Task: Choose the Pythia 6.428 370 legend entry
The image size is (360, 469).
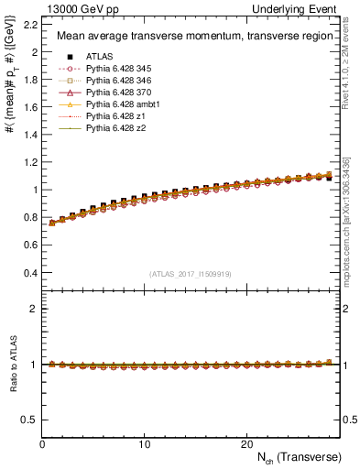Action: (114, 93)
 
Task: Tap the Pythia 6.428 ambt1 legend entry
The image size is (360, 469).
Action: (117, 105)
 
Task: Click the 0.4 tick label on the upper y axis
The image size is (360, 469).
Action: (30, 273)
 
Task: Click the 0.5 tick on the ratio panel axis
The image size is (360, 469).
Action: (30, 420)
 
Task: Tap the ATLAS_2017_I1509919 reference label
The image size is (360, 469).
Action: (191, 274)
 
